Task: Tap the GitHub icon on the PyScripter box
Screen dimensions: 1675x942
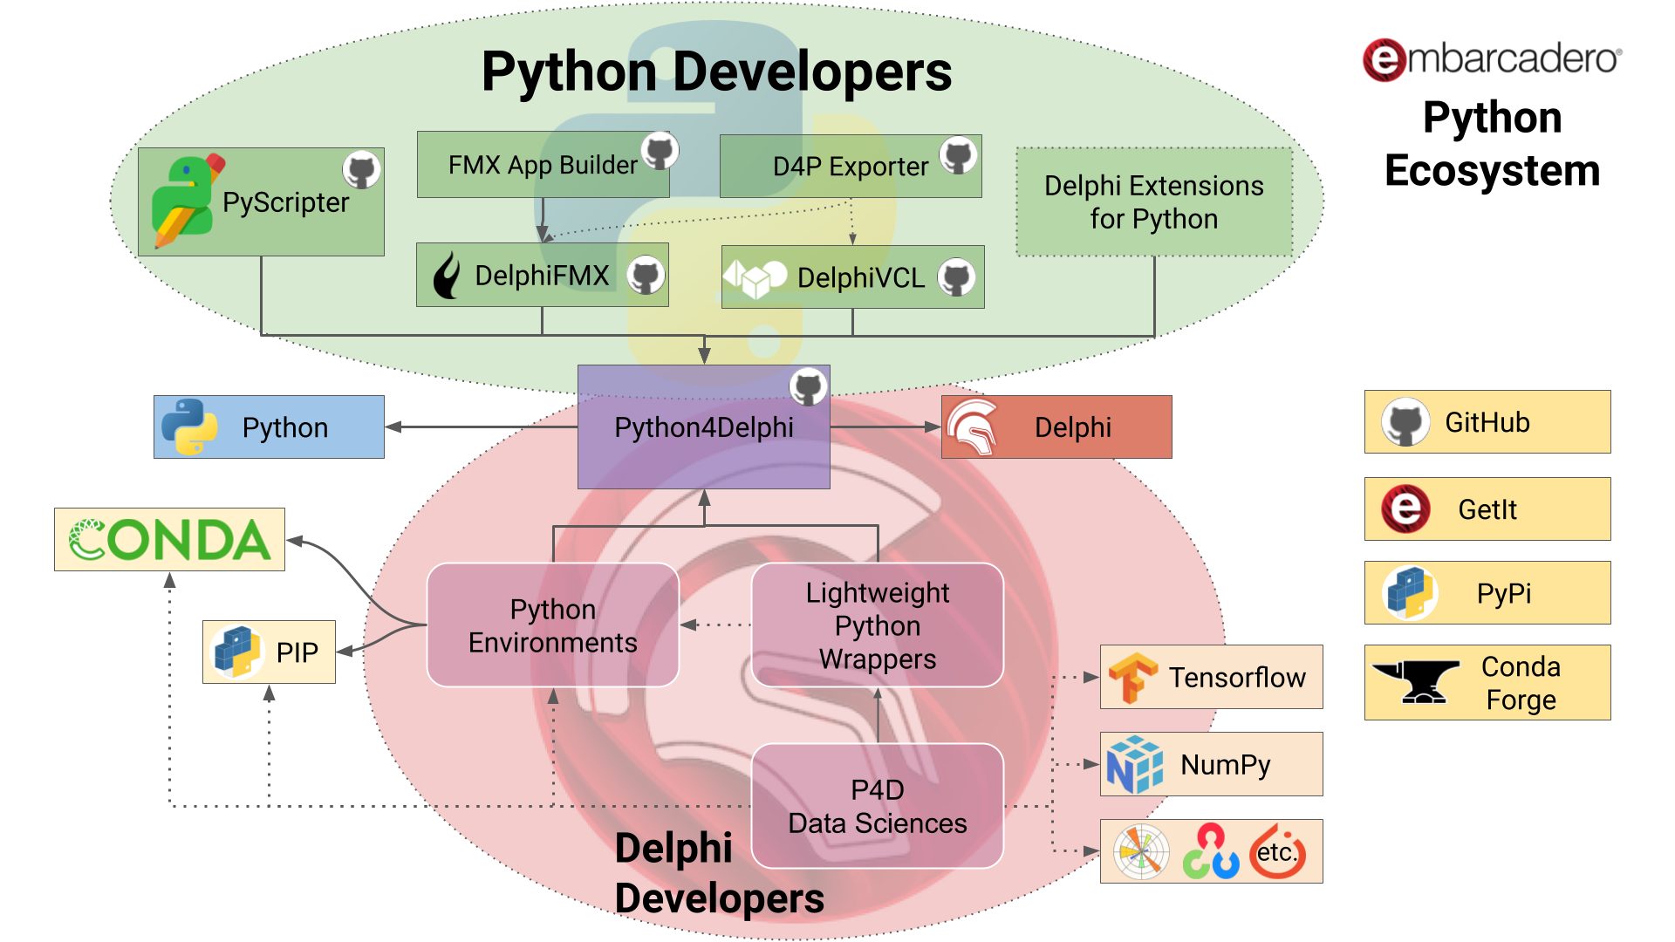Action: (361, 169)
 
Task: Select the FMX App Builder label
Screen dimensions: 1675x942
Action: (543, 165)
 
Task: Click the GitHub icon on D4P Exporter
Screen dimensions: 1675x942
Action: (959, 155)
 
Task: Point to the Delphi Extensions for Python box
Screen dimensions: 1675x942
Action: (1154, 201)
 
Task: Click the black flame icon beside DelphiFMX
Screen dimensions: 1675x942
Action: (448, 276)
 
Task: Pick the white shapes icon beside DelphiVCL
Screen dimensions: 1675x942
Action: (755, 278)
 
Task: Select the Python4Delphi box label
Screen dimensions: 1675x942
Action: (704, 427)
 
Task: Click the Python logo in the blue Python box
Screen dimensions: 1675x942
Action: (189, 427)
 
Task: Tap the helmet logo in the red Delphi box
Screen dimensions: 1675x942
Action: (973, 427)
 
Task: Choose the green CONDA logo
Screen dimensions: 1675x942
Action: (170, 540)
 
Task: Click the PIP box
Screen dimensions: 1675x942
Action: (269, 652)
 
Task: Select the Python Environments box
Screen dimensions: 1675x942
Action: (553, 625)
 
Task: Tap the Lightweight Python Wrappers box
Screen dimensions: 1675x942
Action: (878, 625)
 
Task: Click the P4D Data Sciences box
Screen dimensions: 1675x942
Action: (878, 806)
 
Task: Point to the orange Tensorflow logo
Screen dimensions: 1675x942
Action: (1131, 678)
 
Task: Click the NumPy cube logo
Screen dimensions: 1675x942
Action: (1134, 764)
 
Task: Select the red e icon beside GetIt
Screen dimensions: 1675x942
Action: (1405, 509)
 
